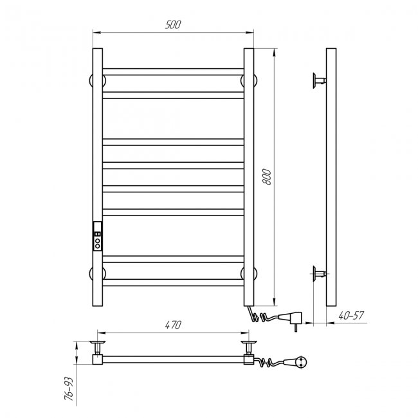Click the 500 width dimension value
pyautogui.click(x=173, y=24)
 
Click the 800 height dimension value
pyautogui.click(x=266, y=176)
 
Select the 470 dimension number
pyautogui.click(x=173, y=325)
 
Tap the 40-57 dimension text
pyautogui.click(x=351, y=316)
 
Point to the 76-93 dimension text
pyautogui.click(x=69, y=388)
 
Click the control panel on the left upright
pyautogui.click(x=98, y=236)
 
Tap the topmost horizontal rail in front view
pyautogui.click(x=173, y=72)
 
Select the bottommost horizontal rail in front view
pyautogui.click(x=173, y=282)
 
